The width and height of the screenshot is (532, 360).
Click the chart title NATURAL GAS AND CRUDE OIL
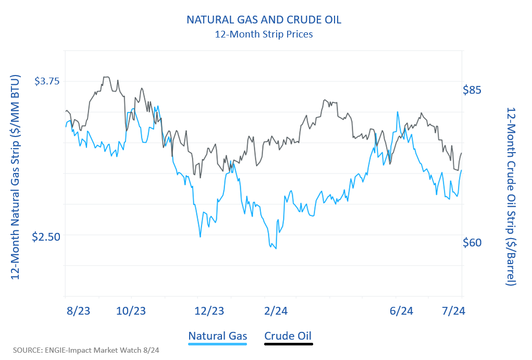(x=264, y=20)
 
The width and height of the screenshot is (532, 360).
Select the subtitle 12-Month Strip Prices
(x=264, y=35)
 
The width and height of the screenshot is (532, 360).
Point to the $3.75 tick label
(x=47, y=81)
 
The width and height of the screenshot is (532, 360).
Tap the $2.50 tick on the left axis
(x=46, y=237)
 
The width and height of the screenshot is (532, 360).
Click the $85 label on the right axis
(x=472, y=90)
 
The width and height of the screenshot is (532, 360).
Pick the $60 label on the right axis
(x=472, y=243)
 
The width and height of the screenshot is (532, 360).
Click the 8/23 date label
(x=79, y=311)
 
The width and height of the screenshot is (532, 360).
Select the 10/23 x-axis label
(x=131, y=311)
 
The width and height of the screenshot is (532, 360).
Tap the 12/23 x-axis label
(x=209, y=311)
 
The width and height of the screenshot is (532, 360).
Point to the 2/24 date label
(x=276, y=311)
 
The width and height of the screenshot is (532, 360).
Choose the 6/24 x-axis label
(x=401, y=311)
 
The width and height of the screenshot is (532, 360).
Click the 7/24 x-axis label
(x=453, y=311)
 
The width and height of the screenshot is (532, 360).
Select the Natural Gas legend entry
(x=218, y=336)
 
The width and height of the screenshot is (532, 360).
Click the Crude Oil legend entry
(x=289, y=336)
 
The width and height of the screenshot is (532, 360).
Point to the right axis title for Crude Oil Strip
(x=511, y=197)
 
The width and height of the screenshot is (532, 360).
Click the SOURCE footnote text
(x=86, y=350)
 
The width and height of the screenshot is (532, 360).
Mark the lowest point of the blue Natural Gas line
(x=276, y=249)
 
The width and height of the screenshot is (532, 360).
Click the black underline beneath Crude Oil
(x=289, y=344)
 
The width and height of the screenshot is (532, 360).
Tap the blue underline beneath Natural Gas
(x=218, y=344)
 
